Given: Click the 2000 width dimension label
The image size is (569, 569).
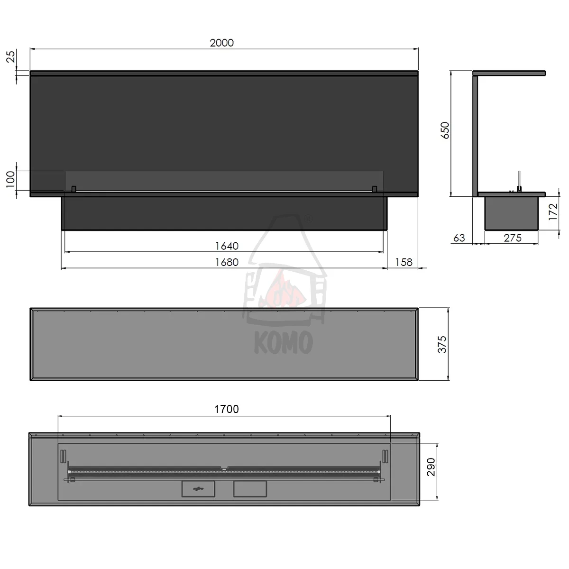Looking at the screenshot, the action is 222,43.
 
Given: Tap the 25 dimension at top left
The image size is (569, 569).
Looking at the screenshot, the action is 10,57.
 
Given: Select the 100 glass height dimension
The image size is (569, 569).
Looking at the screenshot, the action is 10,179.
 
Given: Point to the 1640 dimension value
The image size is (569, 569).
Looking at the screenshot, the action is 227,246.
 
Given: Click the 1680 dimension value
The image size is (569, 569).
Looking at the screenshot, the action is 227,262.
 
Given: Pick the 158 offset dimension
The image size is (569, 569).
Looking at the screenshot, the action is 404,262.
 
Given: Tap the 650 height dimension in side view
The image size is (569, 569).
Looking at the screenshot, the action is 445,130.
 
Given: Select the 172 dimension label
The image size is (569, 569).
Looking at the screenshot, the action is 553,211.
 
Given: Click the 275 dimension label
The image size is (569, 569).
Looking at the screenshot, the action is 513,238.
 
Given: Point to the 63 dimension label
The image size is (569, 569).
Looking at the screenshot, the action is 459,238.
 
